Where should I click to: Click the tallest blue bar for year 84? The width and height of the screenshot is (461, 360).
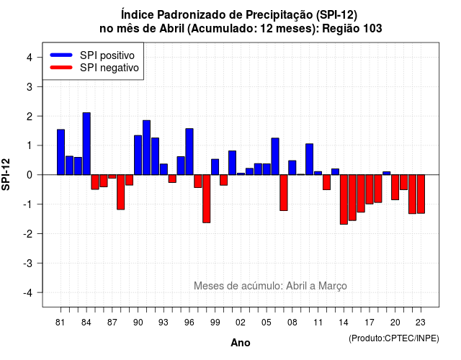click(x=86, y=144)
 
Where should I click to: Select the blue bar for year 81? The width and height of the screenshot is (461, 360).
click(x=61, y=152)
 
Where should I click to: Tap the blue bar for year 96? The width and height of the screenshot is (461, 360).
click(x=189, y=152)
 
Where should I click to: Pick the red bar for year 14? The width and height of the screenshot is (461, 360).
click(x=344, y=199)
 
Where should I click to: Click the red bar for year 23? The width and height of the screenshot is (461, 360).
click(x=421, y=194)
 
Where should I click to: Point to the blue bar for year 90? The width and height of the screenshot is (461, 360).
click(x=138, y=156)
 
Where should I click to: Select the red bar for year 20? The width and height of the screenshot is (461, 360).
click(x=395, y=187)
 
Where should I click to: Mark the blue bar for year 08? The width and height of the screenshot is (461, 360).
click(x=292, y=168)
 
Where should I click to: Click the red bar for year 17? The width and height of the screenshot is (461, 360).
click(x=370, y=189)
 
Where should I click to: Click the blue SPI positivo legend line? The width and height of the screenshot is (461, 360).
click(x=61, y=55)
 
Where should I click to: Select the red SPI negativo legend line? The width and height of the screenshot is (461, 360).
click(x=61, y=68)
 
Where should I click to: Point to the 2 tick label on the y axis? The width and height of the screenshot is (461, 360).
click(x=30, y=117)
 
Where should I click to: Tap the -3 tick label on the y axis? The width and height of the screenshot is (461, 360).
click(x=28, y=264)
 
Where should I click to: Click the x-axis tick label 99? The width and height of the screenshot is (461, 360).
click(x=215, y=323)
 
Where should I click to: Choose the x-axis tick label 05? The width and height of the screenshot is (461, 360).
click(x=267, y=323)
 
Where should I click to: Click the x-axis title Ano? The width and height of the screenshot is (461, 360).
click(x=241, y=343)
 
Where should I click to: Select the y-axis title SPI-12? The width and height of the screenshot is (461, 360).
click(x=6, y=174)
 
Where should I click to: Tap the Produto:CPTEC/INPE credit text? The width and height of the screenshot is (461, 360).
click(x=394, y=338)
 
